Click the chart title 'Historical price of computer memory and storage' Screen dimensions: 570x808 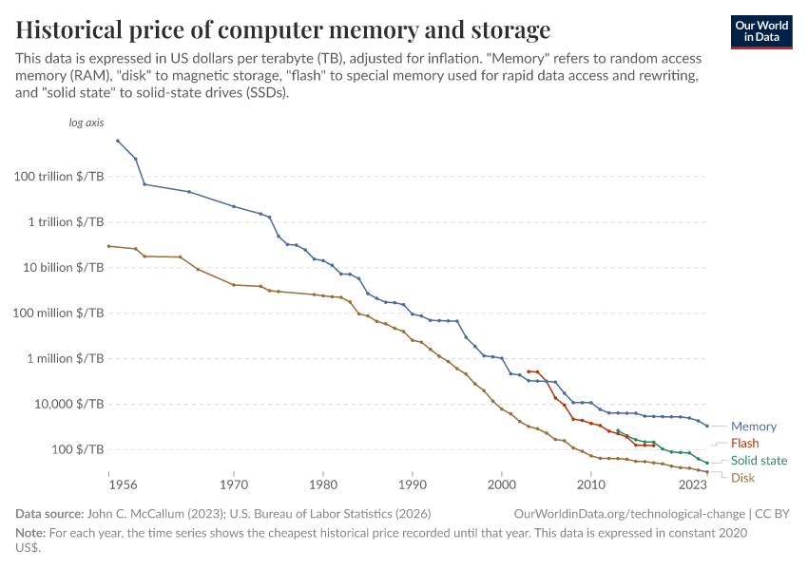283,29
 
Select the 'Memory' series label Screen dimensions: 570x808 753,427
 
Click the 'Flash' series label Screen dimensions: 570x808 744,444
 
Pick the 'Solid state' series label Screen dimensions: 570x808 759,461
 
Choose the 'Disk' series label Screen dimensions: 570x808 742,478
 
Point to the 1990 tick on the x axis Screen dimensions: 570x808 413,484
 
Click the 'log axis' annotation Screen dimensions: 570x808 87,123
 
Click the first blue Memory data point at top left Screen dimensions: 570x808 118,141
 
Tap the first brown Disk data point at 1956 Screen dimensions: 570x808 109,246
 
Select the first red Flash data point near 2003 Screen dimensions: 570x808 529,371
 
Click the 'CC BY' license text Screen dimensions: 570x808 777,513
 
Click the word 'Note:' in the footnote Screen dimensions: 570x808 31,533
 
